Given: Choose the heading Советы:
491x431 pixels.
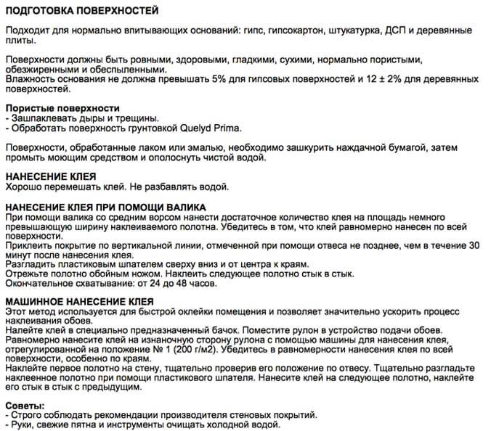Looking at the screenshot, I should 24,404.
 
